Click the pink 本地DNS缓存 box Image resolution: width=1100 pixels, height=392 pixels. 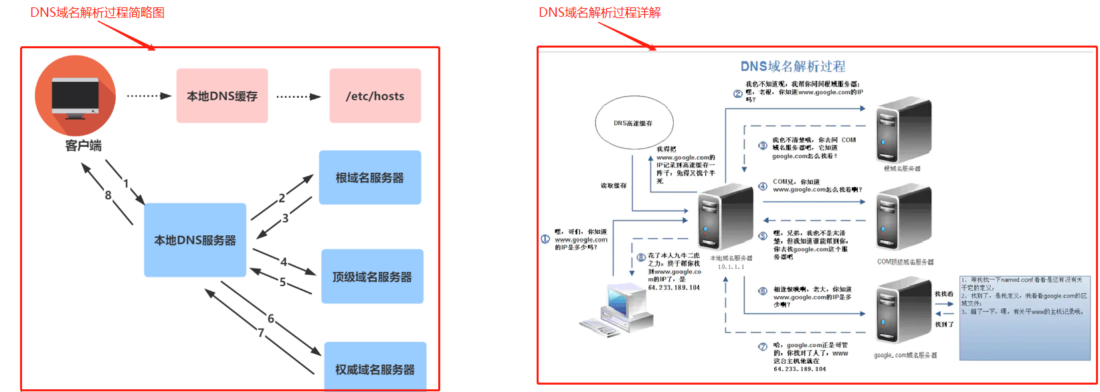[x=222, y=96]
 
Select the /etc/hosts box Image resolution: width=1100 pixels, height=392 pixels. [x=375, y=96]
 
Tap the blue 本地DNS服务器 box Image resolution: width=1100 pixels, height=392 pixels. [x=195, y=240]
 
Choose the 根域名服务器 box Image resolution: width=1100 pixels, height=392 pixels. [x=369, y=178]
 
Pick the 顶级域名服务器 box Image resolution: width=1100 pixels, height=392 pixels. [x=372, y=276]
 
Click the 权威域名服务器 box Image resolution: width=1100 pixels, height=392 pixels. [x=375, y=367]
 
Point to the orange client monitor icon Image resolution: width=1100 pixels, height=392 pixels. [x=75, y=95]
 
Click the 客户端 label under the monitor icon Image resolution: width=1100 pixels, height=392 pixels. [x=84, y=145]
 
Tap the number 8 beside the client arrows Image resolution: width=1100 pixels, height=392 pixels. [x=108, y=195]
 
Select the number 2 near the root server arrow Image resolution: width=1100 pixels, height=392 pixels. [x=282, y=198]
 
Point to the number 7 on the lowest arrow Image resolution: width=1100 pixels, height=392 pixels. [x=261, y=332]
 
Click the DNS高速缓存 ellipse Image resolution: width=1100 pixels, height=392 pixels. [x=634, y=123]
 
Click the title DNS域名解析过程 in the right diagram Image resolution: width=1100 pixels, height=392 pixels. [x=792, y=66]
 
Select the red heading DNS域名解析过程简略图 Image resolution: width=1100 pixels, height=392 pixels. [x=98, y=13]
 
